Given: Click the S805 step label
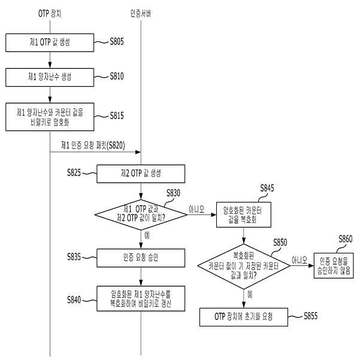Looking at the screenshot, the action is point(117,41).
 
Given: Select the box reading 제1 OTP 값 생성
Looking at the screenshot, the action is point(50,43).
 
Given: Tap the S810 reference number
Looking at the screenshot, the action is point(117,76).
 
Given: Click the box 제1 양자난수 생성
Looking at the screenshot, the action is point(50,77).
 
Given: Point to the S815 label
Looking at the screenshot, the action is point(117,116).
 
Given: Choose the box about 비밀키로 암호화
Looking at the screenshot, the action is point(50,117).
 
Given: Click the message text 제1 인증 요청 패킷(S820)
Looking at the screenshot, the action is point(93,146).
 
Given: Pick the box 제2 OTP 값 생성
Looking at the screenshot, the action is point(141,174).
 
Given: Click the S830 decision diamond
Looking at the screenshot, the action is point(141,214).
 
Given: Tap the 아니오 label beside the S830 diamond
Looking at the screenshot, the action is point(196,209).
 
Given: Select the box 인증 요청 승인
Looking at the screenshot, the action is point(141,258).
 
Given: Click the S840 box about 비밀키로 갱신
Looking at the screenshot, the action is point(141,298).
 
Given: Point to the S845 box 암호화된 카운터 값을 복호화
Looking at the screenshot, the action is point(244,214).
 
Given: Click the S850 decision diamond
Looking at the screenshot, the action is point(244,267).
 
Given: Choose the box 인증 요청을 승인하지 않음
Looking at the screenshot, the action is point(334,265).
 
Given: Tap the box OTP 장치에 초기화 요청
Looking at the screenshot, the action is point(244,317).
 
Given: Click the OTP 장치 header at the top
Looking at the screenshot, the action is point(50,14).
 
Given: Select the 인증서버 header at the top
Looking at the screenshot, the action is point(141,14).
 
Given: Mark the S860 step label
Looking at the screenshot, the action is point(346,239).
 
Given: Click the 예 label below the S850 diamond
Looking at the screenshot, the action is point(250,294).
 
